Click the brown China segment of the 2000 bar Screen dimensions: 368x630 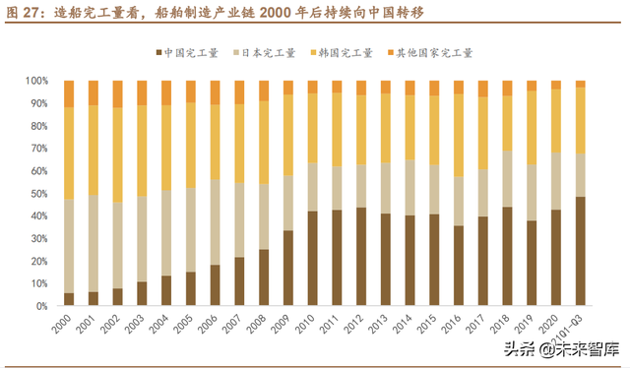[x=69, y=299]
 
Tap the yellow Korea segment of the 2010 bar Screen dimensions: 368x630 [x=312, y=128]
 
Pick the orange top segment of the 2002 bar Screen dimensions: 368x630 [x=117, y=93]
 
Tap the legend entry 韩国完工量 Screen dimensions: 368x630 [x=346, y=53]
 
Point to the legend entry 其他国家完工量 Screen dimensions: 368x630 [x=433, y=53]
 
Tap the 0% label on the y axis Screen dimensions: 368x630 [x=42, y=306]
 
